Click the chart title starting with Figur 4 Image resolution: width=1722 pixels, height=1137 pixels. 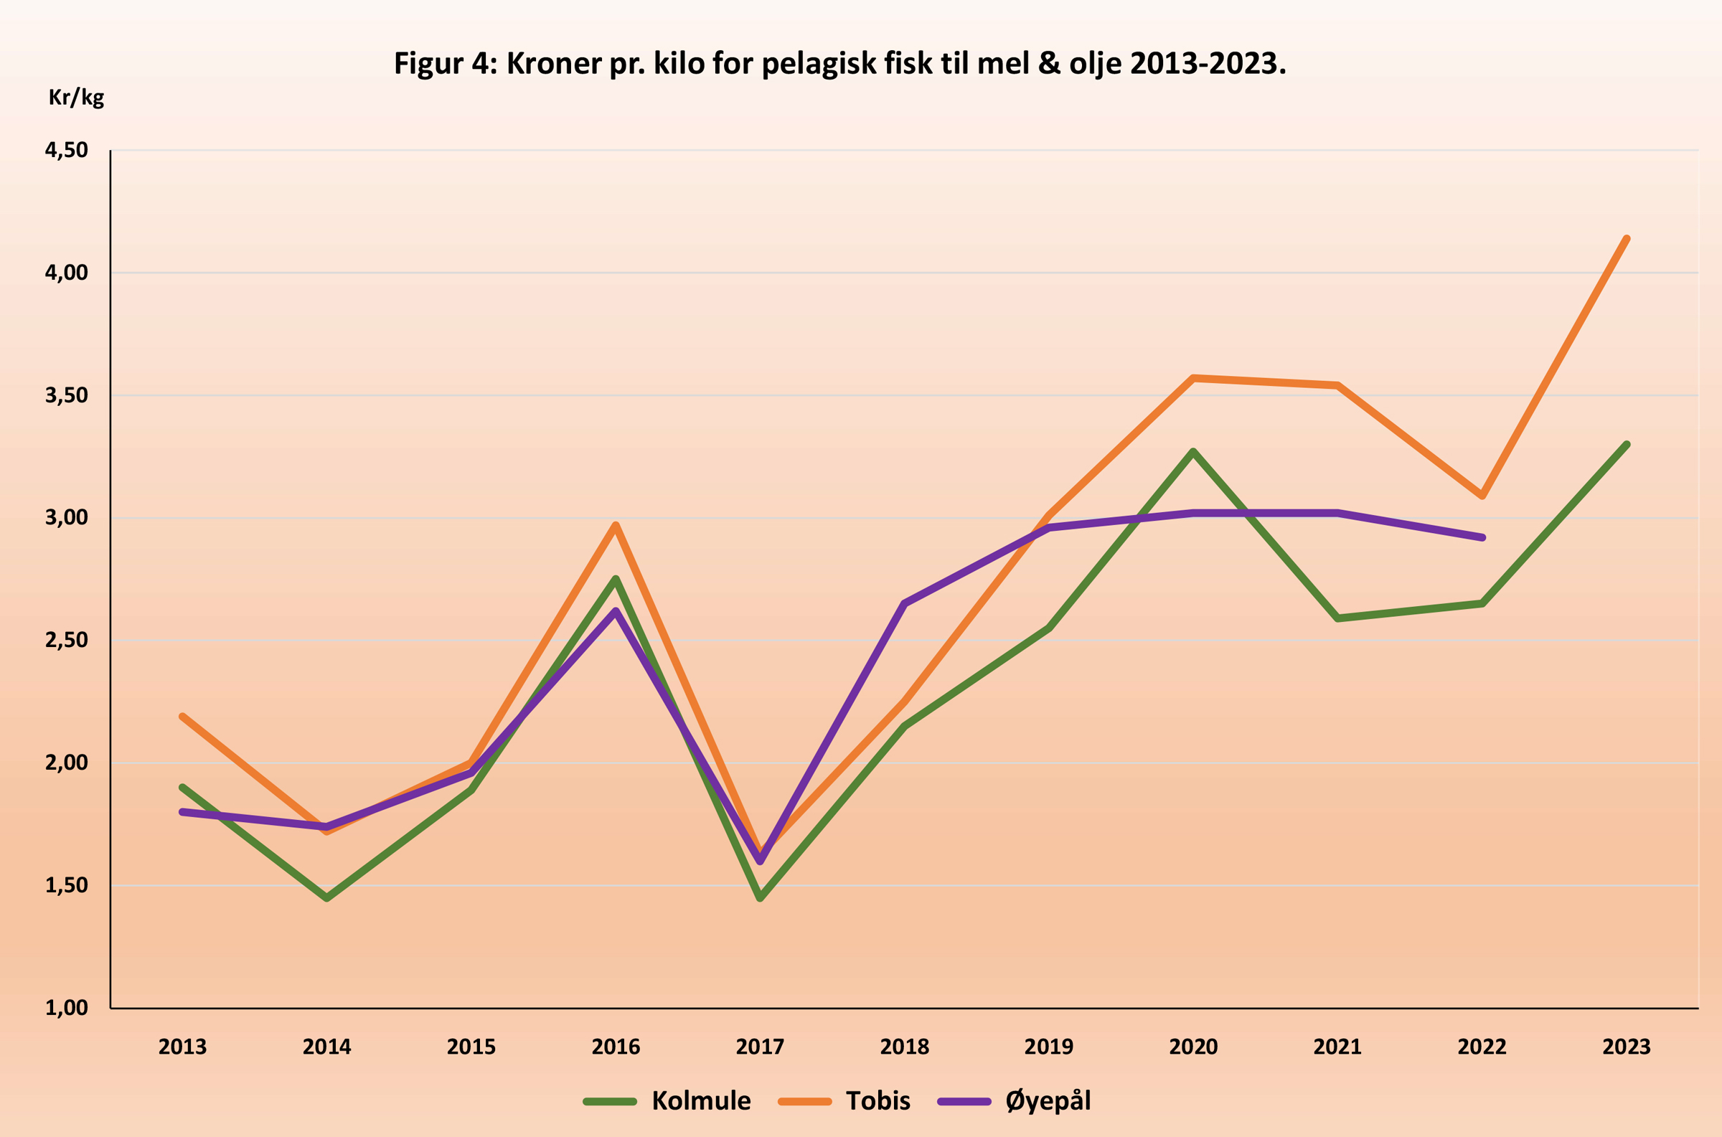pyautogui.click(x=839, y=64)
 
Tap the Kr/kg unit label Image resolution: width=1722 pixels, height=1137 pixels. pyautogui.click(x=76, y=97)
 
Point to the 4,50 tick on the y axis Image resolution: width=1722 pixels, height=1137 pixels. pyautogui.click(x=67, y=150)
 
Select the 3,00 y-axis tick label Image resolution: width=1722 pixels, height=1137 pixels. pyautogui.click(x=67, y=518)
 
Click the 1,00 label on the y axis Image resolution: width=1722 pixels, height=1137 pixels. pyautogui.click(x=67, y=1008)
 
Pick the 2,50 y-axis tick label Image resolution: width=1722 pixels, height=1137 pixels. pyautogui.click(x=67, y=641)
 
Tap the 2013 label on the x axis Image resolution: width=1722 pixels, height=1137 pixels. pyautogui.click(x=183, y=1047)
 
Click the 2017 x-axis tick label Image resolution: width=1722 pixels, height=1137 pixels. pyautogui.click(x=760, y=1047)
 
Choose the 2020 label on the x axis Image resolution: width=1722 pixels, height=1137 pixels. pyautogui.click(x=1193, y=1047)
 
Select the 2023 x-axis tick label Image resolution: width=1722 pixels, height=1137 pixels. pyautogui.click(x=1627, y=1047)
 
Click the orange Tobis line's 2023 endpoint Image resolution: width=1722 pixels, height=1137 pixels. pyautogui.click(x=1627, y=240)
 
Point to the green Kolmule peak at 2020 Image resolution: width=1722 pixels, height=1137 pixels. pyautogui.click(x=1193, y=452)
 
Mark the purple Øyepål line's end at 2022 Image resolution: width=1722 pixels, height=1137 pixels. pyautogui.click(x=1482, y=537)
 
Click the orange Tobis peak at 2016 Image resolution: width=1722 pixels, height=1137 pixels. pyautogui.click(x=616, y=525)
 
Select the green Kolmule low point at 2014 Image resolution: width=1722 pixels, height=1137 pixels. pyautogui.click(x=327, y=897)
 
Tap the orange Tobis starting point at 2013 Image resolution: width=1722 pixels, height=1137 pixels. pyautogui.click(x=183, y=717)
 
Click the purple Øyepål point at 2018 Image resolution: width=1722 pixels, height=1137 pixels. pyautogui.click(x=904, y=603)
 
